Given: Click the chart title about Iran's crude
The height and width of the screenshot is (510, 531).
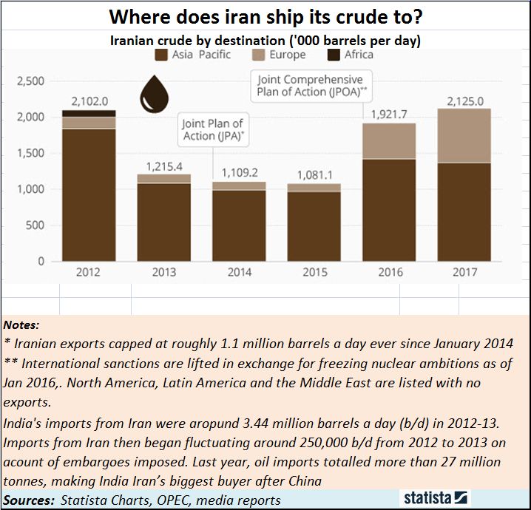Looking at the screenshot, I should click(x=265, y=16).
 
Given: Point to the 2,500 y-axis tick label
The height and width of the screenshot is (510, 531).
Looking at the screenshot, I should click(x=30, y=81).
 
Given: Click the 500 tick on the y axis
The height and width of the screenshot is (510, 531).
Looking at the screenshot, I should click(x=35, y=225).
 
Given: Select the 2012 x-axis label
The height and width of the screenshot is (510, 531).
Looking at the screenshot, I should click(x=89, y=272).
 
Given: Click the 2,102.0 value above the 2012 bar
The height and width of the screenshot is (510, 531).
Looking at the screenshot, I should click(x=89, y=101).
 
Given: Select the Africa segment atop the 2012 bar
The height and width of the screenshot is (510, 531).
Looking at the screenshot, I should click(x=89, y=113).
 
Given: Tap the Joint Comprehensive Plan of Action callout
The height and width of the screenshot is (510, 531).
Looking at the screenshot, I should click(x=310, y=86).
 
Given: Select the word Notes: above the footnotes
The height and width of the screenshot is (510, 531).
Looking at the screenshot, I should click(x=23, y=324).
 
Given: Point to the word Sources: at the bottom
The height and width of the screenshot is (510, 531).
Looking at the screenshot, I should click(x=28, y=500).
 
